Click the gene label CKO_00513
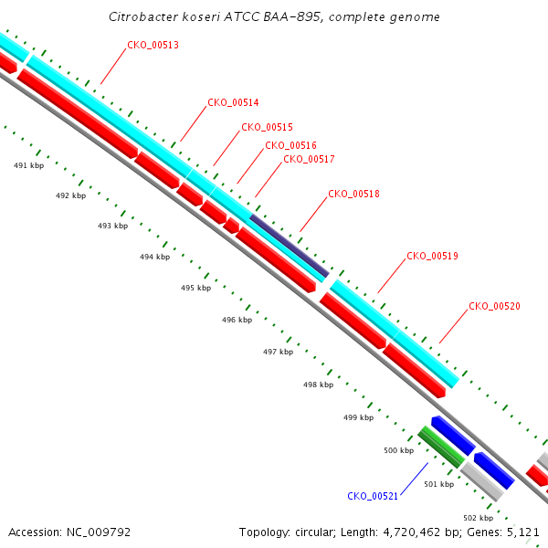[x=153, y=44]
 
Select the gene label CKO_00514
[x=233, y=103]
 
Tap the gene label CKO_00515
[x=267, y=127]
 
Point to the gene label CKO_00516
[x=290, y=145]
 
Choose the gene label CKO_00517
[x=309, y=159]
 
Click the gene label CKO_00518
[x=353, y=194]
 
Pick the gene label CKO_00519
[x=432, y=256]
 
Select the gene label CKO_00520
[x=494, y=306]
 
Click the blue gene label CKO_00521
[x=373, y=496]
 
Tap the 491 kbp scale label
[x=28, y=166]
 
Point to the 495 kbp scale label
[x=195, y=288]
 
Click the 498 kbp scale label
[x=318, y=385]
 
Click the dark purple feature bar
[x=289, y=245]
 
